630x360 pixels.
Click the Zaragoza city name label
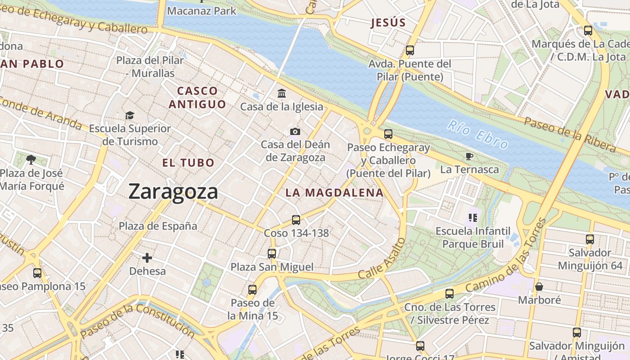[x=173, y=192]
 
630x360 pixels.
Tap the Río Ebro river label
[x=478, y=134]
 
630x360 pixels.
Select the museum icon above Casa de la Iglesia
[x=282, y=93]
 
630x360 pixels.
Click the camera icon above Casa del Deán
[x=295, y=131]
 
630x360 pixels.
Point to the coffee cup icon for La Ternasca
[x=469, y=156]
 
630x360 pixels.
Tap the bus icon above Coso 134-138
[x=296, y=220]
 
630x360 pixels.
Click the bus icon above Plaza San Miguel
[x=272, y=253]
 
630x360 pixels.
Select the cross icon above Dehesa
[x=147, y=258]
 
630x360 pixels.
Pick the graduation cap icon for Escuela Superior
[x=130, y=115]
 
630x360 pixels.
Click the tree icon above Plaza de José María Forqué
[x=31, y=159]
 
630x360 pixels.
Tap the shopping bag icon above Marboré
[x=539, y=286]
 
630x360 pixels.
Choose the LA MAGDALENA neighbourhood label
[x=334, y=193]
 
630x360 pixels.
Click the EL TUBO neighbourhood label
[x=189, y=163]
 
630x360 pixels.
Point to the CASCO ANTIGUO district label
[x=197, y=98]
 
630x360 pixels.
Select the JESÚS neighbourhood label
[x=388, y=22]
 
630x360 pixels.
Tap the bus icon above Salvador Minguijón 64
[x=590, y=239]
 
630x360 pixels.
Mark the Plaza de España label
[x=158, y=226]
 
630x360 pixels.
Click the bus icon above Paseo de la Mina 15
[x=252, y=289]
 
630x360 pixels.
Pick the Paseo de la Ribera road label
[x=570, y=134]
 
